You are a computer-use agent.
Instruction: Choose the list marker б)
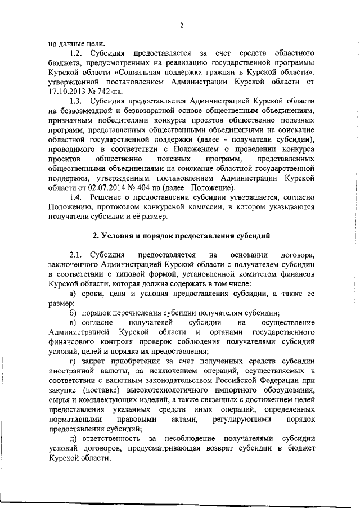click(x=72, y=312)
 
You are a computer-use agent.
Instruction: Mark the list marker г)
click(x=72, y=361)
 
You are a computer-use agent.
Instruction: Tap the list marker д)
click(x=72, y=438)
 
